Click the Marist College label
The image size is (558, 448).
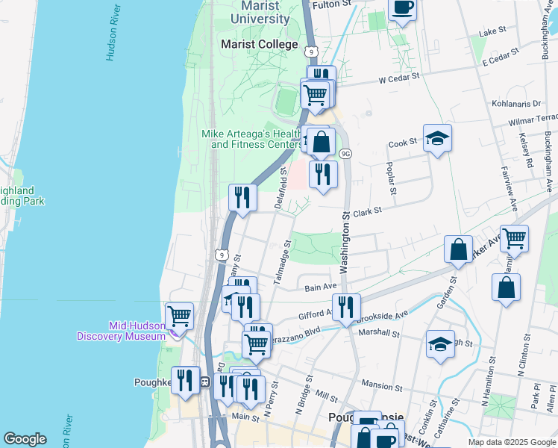tap(259, 44)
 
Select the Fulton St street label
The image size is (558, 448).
tap(332, 4)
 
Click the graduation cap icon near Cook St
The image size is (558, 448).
tap(437, 138)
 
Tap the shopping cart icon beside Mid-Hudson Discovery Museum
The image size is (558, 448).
tap(179, 317)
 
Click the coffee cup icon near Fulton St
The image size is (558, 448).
tap(403, 8)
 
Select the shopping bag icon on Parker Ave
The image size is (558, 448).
tap(458, 249)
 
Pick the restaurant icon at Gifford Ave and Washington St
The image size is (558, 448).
tap(346, 306)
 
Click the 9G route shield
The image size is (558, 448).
tap(345, 153)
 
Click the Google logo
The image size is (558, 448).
tap(25, 439)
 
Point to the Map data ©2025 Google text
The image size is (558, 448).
tap(510, 442)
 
